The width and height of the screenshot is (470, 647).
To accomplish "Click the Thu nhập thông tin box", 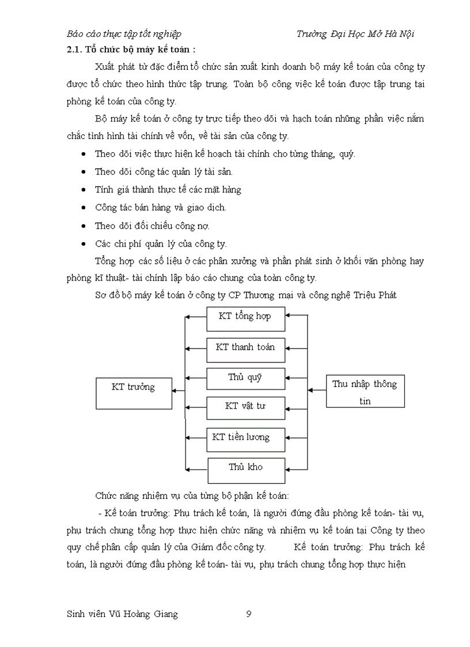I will coord(365,392).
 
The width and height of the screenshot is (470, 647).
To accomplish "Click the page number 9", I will coord(248,614).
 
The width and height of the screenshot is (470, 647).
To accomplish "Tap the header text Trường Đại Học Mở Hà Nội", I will coord(355,33).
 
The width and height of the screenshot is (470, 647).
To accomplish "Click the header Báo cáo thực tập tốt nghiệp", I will coord(124,33).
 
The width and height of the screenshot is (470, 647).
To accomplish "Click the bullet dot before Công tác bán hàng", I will coord(85,207).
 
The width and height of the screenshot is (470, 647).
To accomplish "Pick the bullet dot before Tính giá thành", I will coord(85,190).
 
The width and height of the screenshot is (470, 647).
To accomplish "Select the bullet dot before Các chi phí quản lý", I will coord(85,243).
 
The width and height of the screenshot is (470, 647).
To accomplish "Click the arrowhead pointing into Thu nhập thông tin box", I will coord(310,391).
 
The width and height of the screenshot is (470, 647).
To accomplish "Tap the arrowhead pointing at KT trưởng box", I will coord(175,392).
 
